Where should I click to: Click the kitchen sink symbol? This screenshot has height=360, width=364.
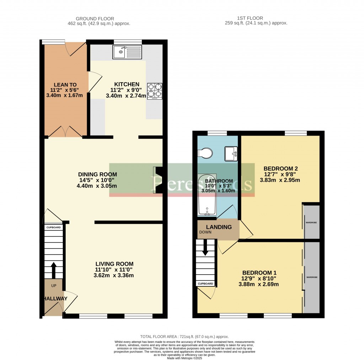point(127,52)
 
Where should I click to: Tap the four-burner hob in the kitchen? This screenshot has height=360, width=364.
point(155,90)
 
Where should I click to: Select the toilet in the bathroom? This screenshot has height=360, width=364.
point(206,153)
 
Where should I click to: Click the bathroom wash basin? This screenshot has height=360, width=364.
point(231,153)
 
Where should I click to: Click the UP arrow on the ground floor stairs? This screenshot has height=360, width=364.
point(54,270)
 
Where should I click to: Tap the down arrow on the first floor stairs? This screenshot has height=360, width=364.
point(205,248)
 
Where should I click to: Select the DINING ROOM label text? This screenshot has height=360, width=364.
point(98,174)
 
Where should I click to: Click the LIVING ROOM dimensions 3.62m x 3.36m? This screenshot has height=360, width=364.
point(114,275)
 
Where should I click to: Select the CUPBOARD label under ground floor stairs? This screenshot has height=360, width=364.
point(53,227)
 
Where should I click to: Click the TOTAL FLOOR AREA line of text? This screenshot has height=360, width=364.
point(184,337)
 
